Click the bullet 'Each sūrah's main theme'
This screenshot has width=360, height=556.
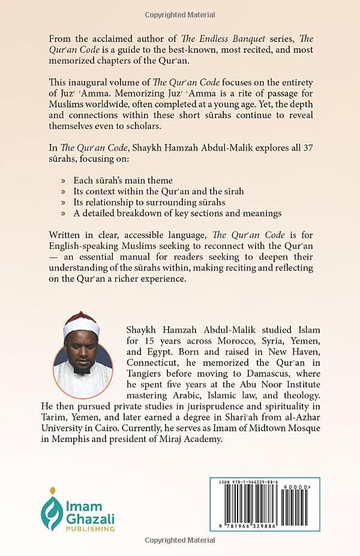coord(123,179)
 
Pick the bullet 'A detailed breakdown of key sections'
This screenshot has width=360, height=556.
coord(177,213)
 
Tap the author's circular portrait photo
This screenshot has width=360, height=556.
coord(83,354)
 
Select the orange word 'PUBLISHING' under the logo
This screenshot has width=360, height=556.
coord(90,529)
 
